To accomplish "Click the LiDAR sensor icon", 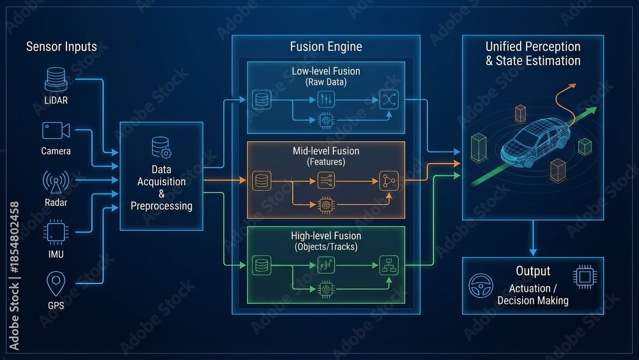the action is click(56, 79).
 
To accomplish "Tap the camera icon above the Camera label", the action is click(56, 131).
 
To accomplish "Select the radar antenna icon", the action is click(56, 182).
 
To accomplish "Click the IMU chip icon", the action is click(56, 232).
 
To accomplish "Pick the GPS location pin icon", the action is click(56, 283).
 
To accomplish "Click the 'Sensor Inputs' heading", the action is click(61, 47).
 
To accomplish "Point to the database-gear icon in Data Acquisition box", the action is click(162, 147).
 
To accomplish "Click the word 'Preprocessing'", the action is click(162, 206).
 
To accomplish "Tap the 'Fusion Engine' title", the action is click(326, 47).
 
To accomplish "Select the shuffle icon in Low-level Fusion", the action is click(389, 100).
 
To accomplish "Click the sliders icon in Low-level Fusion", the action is click(326, 100).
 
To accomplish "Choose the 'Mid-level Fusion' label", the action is click(326, 151).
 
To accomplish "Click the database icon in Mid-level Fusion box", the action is click(261, 181).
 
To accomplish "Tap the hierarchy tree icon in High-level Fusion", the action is click(389, 265).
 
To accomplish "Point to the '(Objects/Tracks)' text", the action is click(326, 247).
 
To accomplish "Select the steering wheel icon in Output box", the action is click(481, 285).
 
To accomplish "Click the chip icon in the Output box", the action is click(585, 277).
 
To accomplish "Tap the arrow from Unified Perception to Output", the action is click(533, 238).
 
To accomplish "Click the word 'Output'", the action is click(533, 270).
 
